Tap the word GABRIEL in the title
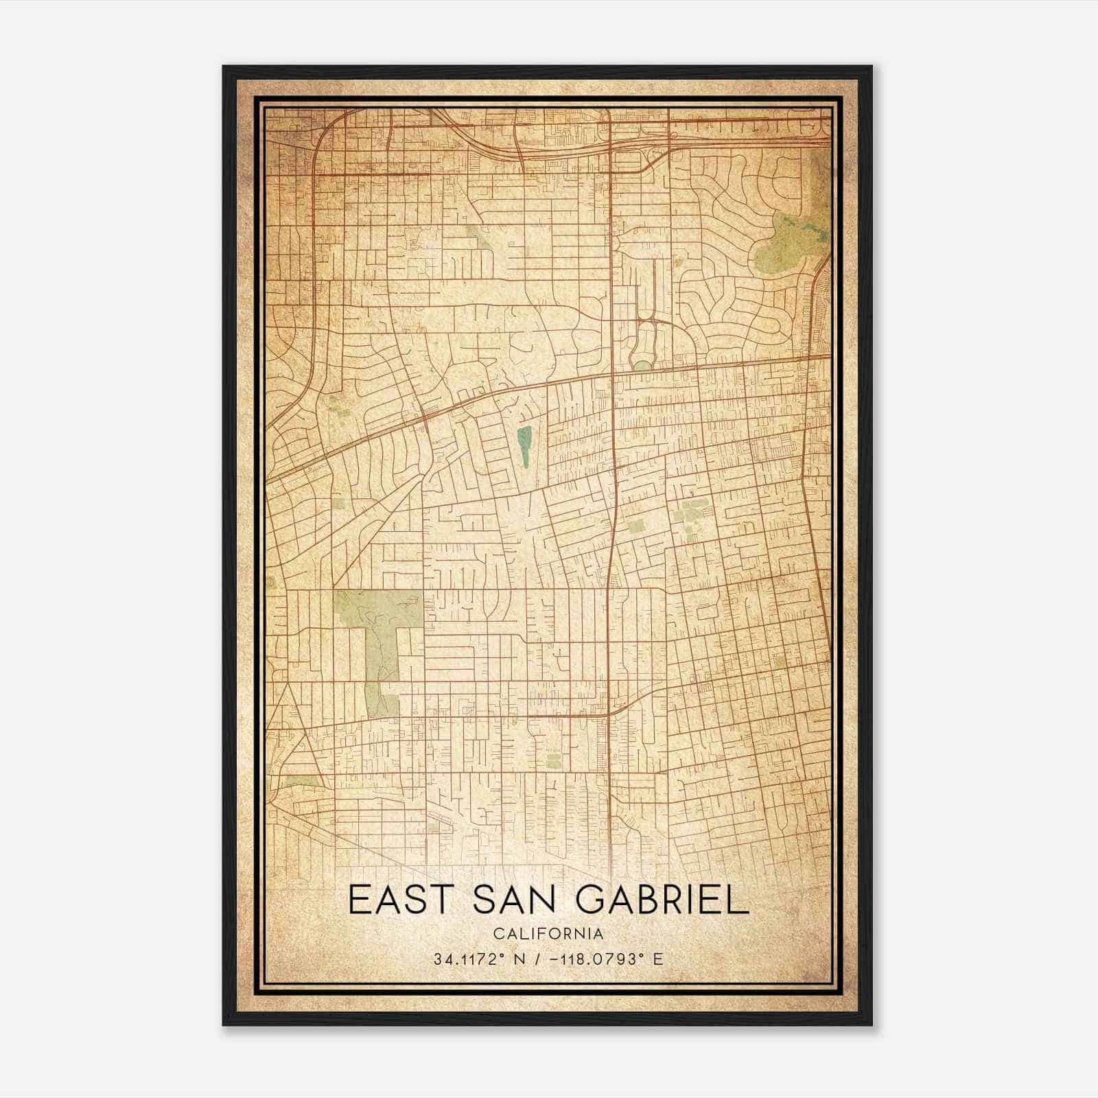pos(661,900)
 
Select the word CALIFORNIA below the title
pos(548,933)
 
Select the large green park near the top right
pos(789,240)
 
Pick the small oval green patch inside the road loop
pos(642,366)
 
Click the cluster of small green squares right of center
pos(688,517)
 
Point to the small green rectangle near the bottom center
pos(554,759)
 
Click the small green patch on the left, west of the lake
pos(338,503)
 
